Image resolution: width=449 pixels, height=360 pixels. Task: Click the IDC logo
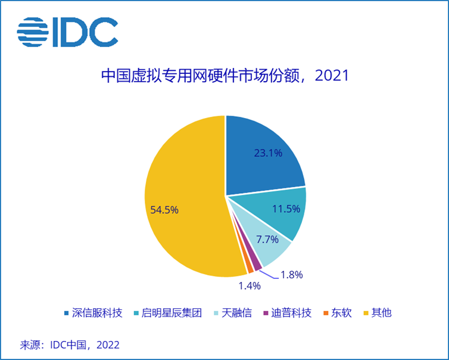tap(67, 32)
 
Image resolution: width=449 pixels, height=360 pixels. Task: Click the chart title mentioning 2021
tap(224, 76)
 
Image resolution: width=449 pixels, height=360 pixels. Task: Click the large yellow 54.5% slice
tap(179, 197)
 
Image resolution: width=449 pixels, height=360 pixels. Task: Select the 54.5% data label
tap(164, 210)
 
